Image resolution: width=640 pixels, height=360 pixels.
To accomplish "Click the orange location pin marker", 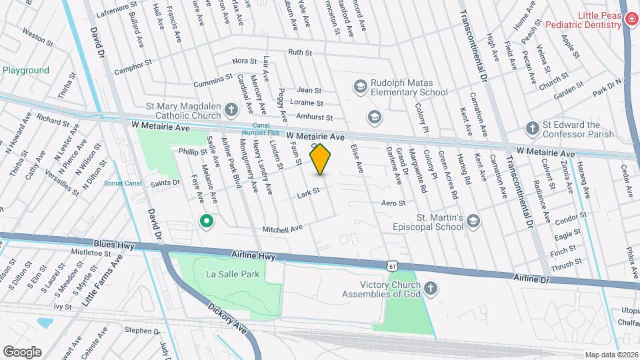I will click(x=320, y=159).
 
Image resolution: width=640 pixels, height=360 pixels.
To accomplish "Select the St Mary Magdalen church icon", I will click(x=231, y=109).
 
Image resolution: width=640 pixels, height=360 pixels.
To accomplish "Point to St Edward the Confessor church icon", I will click(x=531, y=127).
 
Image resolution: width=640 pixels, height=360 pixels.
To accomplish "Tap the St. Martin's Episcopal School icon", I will click(x=473, y=221).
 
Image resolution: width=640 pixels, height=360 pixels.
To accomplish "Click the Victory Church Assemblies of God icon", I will click(x=431, y=288).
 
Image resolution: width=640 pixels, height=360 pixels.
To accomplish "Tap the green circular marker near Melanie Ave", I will click(x=207, y=221).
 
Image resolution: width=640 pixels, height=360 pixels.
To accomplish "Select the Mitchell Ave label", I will click(x=283, y=229).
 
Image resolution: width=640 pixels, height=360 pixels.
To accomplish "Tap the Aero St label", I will click(x=393, y=203).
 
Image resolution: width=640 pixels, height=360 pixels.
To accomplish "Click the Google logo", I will click(x=22, y=351).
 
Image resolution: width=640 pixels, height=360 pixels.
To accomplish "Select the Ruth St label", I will click(x=300, y=52).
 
